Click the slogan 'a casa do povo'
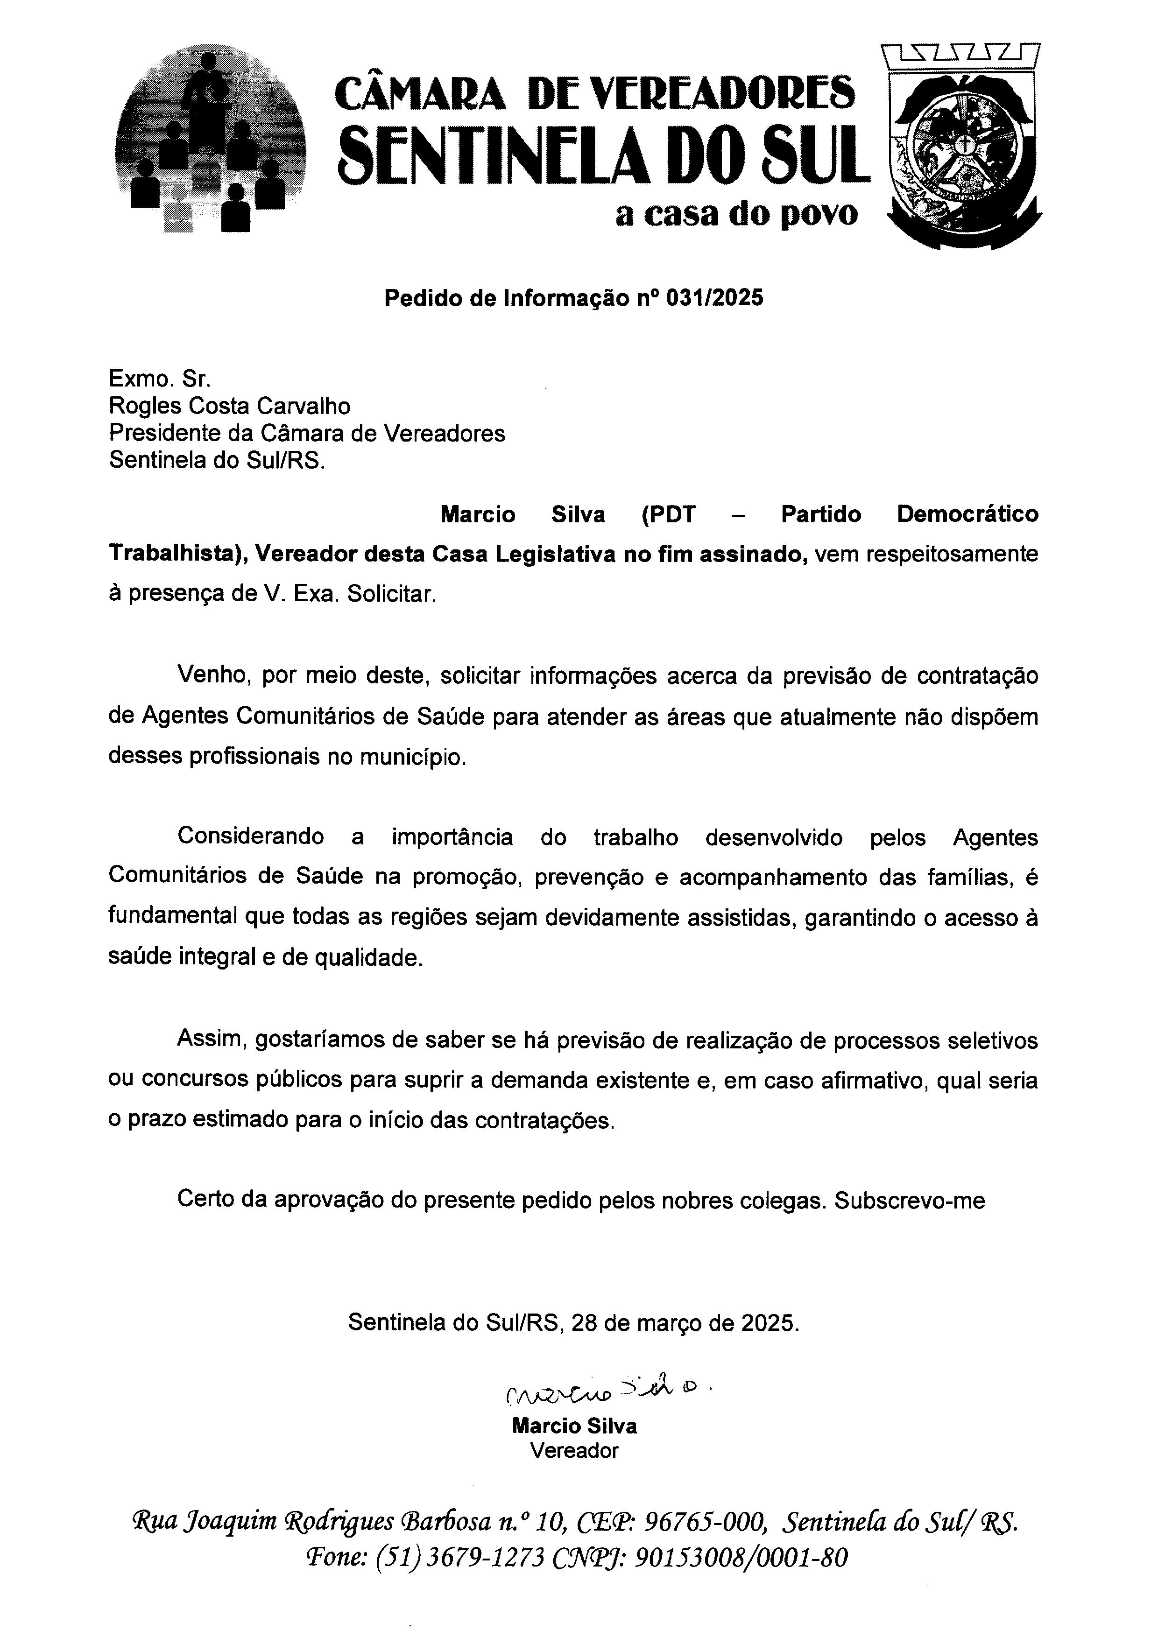[736, 214]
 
